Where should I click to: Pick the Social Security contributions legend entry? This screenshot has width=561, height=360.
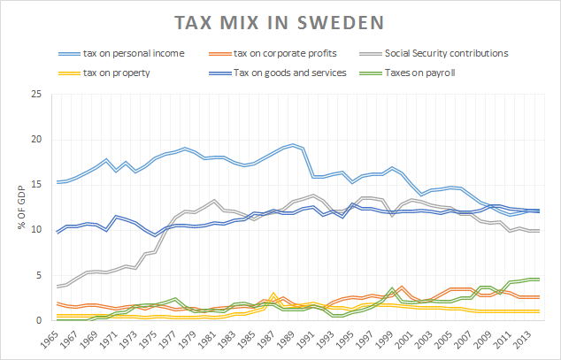point(448,54)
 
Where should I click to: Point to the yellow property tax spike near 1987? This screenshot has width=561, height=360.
point(274,294)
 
